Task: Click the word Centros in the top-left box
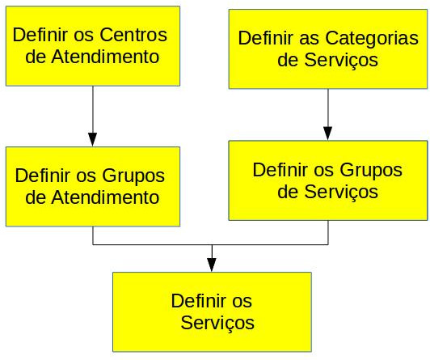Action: click(x=133, y=35)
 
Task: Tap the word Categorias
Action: click(x=372, y=39)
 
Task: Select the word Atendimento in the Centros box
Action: click(x=105, y=57)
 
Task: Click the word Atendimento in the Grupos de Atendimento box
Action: click(x=105, y=197)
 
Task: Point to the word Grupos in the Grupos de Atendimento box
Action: click(x=133, y=177)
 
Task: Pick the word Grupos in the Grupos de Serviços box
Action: click(x=371, y=172)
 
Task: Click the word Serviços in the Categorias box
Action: click(x=341, y=61)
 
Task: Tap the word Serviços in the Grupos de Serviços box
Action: click(x=341, y=193)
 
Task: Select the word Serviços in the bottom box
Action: click(x=217, y=324)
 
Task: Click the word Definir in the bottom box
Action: click(x=199, y=301)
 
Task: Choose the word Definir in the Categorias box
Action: click(x=265, y=37)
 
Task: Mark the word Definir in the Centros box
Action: click(x=40, y=35)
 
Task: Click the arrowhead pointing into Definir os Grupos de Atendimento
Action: click(x=93, y=139)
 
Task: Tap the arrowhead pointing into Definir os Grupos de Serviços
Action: click(x=327, y=133)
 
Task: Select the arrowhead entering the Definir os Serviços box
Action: click(x=212, y=265)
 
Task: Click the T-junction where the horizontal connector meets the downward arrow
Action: click(x=212, y=244)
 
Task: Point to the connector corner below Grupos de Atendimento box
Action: click(x=93, y=244)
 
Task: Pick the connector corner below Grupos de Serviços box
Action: click(x=328, y=244)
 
